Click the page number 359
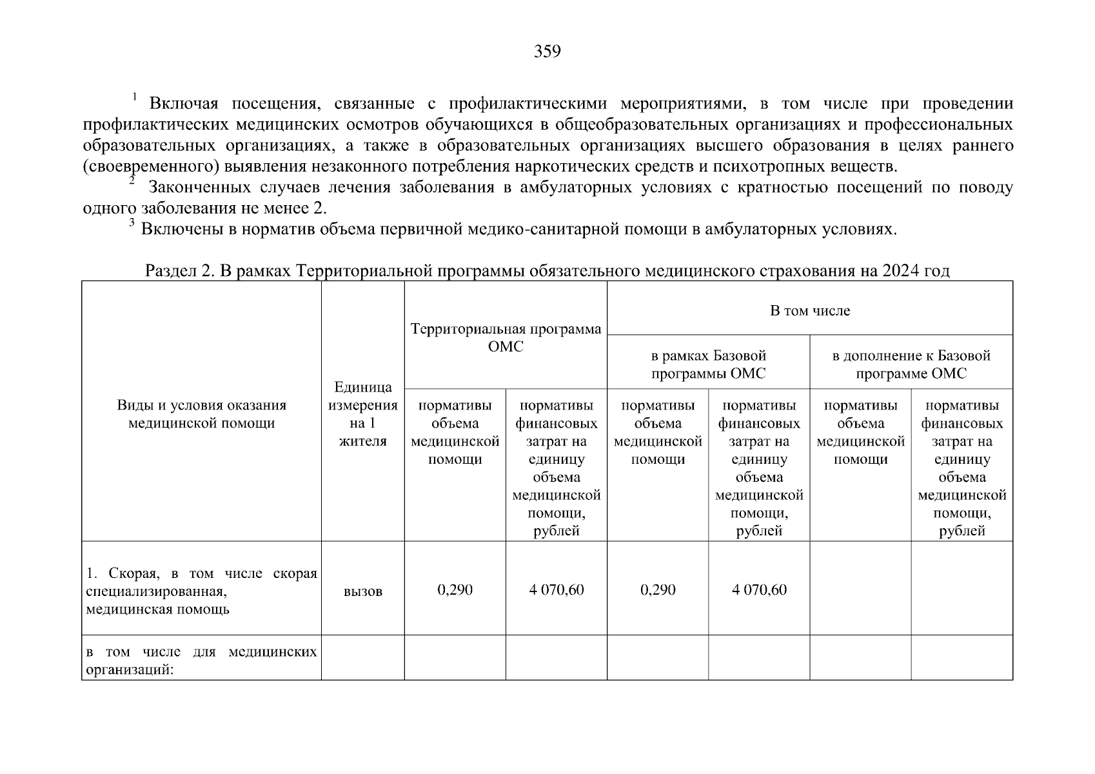click(547, 52)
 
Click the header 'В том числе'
click(810, 311)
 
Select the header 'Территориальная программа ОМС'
click(506, 338)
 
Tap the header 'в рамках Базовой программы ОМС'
click(708, 364)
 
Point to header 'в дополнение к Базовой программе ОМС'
click(911, 364)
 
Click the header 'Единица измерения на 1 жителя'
click(362, 414)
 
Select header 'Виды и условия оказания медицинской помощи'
click(201, 414)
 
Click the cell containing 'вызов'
click(362, 591)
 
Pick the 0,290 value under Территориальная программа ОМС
click(455, 590)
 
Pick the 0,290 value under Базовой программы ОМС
click(658, 590)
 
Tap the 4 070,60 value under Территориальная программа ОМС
click(556, 590)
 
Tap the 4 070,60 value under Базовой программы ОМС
click(759, 590)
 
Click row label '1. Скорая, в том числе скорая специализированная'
click(201, 591)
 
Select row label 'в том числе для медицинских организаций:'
click(201, 660)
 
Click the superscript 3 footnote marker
click(131, 223)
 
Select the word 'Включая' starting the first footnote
click(184, 104)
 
